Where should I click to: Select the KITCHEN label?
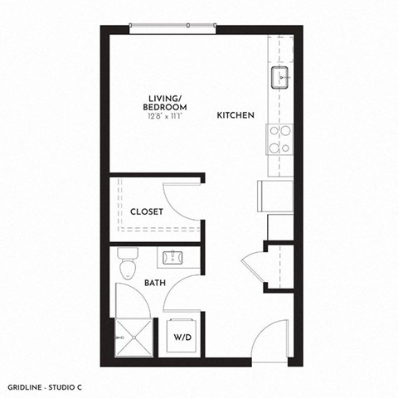pyautogui.click(x=235, y=115)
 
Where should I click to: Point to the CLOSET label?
pyautogui.click(x=147, y=211)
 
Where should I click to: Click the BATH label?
pyautogui.click(x=155, y=283)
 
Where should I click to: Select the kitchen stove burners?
pyautogui.click(x=279, y=138)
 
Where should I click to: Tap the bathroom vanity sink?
pyautogui.click(x=174, y=256)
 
